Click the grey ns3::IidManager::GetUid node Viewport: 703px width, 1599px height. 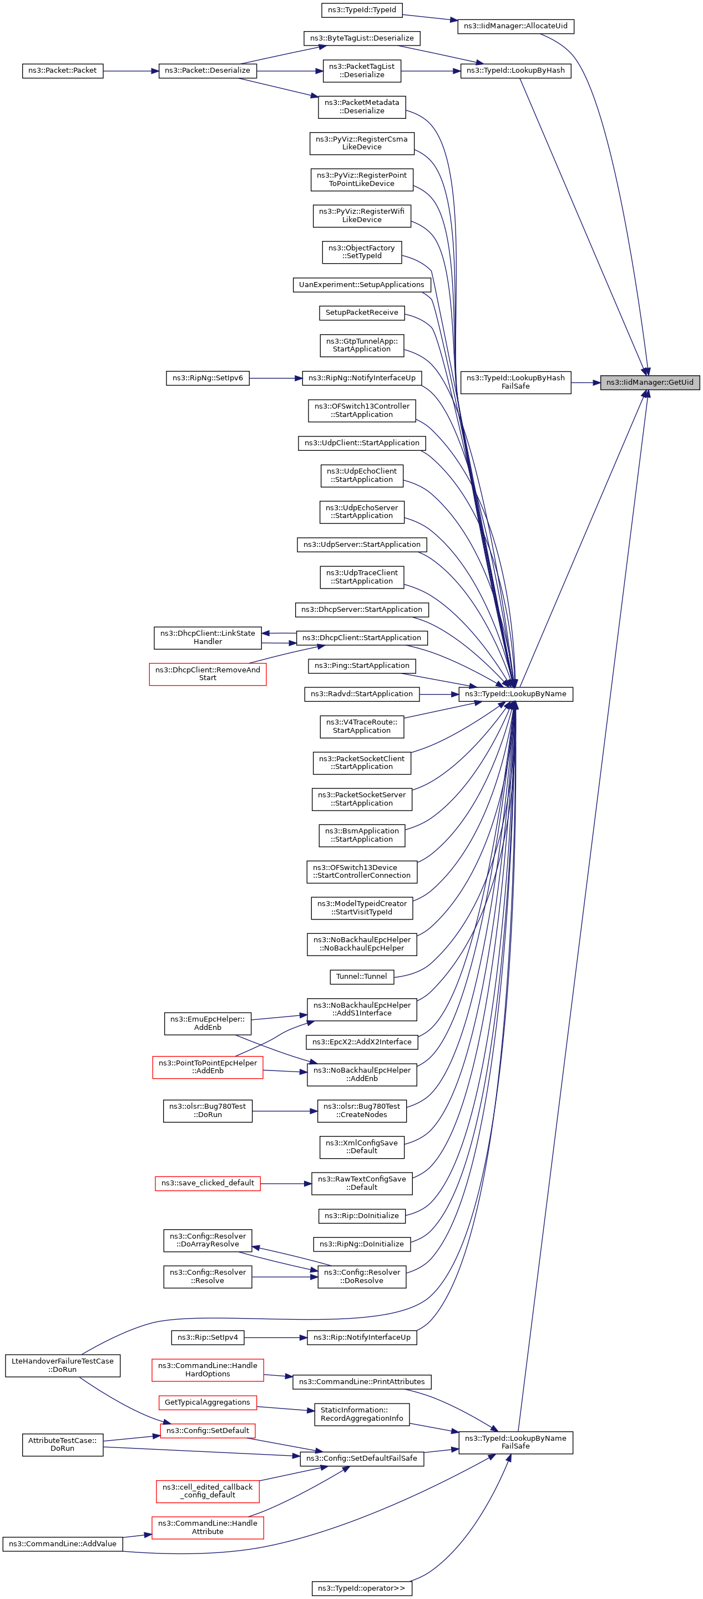(649, 383)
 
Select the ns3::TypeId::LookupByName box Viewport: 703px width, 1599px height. (515, 693)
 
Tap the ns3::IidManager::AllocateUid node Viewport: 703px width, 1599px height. (515, 26)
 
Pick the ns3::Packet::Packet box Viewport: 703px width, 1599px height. (62, 71)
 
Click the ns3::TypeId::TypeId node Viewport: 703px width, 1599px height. (362, 10)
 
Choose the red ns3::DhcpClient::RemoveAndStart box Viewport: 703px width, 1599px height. (208, 673)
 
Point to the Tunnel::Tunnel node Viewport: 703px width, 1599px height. (361, 977)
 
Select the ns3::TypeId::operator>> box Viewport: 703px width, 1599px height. (361, 1588)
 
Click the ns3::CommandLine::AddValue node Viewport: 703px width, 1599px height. (62, 1543)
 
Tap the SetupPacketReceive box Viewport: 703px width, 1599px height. (362, 312)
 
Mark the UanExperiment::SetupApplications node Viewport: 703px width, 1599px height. (361, 284)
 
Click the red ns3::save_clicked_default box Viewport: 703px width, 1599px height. (208, 1183)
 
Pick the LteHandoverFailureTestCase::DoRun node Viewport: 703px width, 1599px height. (62, 1365)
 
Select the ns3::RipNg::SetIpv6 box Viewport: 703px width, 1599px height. (208, 378)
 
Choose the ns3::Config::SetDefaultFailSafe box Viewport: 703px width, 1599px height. (361, 1458)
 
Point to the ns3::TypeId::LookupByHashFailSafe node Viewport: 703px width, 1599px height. (515, 382)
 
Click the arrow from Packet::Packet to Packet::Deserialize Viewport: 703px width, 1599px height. (130, 71)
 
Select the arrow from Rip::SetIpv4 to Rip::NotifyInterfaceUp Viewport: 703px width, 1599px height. (276, 1337)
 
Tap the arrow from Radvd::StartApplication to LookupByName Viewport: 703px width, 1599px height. (439, 693)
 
